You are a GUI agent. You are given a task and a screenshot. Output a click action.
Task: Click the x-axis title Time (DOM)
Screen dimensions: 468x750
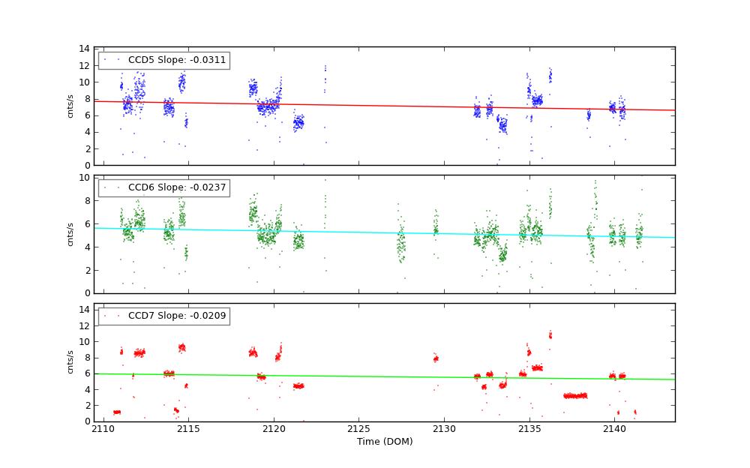point(384,442)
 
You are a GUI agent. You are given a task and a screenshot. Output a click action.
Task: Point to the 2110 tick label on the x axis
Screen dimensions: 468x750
point(103,429)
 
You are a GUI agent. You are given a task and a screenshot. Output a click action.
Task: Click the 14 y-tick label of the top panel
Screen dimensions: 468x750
point(85,49)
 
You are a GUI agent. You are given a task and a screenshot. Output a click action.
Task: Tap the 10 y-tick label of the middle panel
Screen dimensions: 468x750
point(85,177)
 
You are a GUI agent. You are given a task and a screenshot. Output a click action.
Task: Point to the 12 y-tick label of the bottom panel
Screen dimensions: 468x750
point(85,325)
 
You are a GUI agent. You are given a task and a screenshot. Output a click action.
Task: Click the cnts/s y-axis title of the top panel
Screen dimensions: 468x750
point(71,106)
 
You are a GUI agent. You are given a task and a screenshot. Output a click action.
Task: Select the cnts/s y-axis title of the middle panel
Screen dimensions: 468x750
point(71,234)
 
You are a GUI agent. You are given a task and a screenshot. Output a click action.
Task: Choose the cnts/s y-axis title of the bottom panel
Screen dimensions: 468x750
point(71,362)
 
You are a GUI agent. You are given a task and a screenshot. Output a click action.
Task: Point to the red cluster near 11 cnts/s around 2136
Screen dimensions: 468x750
point(550,335)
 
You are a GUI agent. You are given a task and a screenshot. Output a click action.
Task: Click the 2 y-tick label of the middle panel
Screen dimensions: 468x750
point(87,270)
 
